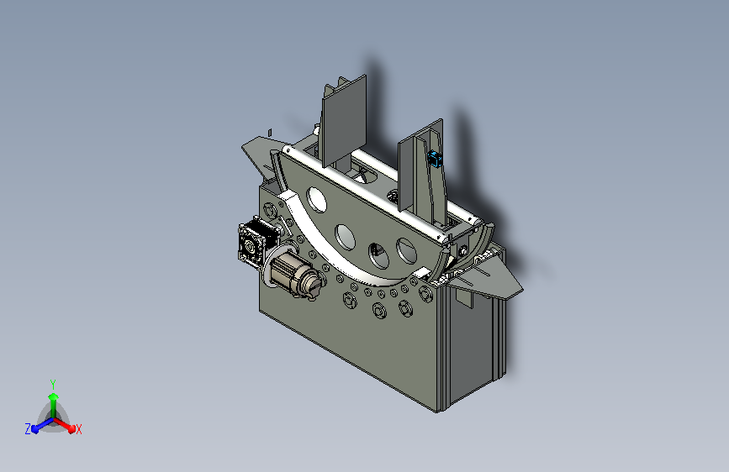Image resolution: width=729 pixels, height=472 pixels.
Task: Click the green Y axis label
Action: pyautogui.click(x=53, y=385)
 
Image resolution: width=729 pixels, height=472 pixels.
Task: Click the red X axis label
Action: pyautogui.click(x=78, y=429)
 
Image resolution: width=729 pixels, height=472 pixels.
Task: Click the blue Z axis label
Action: pyautogui.click(x=28, y=429)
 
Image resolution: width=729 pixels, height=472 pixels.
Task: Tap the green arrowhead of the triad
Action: pyautogui.click(x=53, y=396)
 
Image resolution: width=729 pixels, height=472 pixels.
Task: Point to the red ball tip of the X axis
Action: pyautogui.click(x=71, y=429)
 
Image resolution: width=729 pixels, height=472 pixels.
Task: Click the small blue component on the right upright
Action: pyautogui.click(x=436, y=160)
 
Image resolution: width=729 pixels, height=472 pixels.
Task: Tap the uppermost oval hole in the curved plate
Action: pyautogui.click(x=317, y=200)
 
